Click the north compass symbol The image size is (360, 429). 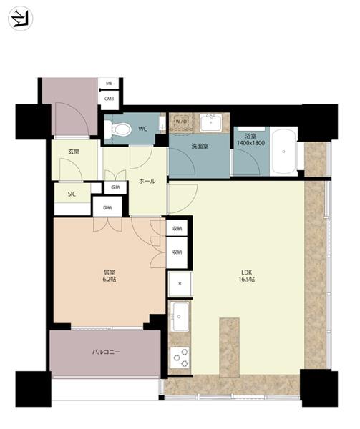tap(21, 19)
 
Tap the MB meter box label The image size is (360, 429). tap(109, 84)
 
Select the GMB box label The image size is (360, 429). tap(109, 99)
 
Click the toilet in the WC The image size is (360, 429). tap(118, 129)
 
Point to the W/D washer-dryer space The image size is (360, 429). tap(181, 122)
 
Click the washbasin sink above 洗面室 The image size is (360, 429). tap(211, 122)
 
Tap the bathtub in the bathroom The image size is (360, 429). tap(283, 152)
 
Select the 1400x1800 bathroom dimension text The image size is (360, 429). tap(250, 143)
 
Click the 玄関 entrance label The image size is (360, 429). tap(74, 152)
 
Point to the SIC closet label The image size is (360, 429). tap(72, 194)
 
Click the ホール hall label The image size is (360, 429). tap(147, 181)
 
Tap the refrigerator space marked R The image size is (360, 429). tap(180, 284)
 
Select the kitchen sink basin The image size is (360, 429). tap(180, 317)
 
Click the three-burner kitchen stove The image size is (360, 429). tap(180, 357)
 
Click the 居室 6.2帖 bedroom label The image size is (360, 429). tap(110, 276)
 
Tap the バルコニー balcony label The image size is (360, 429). tap(106, 352)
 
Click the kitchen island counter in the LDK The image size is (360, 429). tap(230, 347)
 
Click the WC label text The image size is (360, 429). tap(143, 129)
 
